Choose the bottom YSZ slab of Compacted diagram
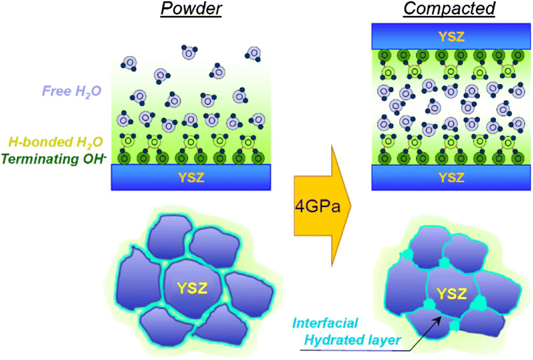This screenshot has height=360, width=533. [451, 177]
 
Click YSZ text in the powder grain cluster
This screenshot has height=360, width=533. [191, 287]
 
